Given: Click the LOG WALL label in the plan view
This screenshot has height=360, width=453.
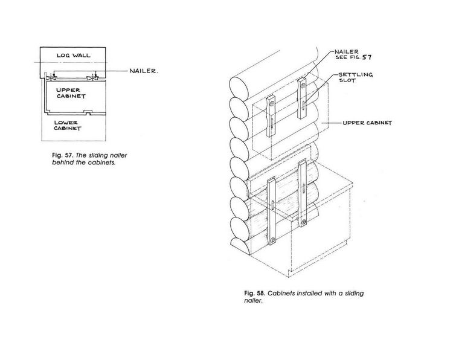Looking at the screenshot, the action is (x=73, y=55).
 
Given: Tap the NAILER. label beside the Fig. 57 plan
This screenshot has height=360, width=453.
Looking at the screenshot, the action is (x=144, y=71).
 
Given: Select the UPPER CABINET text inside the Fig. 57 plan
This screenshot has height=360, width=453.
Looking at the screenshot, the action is (x=71, y=93).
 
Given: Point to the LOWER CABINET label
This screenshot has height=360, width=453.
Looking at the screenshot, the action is (x=68, y=126).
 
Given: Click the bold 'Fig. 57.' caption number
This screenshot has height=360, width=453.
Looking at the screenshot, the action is (x=63, y=155).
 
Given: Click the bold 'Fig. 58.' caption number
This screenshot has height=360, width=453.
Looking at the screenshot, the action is (x=254, y=294).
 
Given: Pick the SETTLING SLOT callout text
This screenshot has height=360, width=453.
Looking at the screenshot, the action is (x=356, y=77).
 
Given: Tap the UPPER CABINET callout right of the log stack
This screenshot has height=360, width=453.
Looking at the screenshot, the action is (x=367, y=123).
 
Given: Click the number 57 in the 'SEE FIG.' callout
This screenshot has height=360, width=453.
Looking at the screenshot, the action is (x=367, y=57).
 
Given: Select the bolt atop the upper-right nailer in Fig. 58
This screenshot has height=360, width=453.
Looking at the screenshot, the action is (x=303, y=85).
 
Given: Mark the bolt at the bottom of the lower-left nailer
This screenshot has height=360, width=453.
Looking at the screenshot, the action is (x=272, y=240).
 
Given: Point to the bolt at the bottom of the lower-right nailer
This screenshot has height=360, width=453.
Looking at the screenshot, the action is (x=304, y=222).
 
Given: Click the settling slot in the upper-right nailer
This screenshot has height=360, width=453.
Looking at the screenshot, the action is (x=303, y=105).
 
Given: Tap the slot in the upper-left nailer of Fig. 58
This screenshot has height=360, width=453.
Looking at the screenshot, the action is (x=272, y=123).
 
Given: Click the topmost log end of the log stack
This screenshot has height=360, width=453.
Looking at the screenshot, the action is (x=239, y=87).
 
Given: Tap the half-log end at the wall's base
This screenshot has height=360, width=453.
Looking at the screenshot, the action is (x=240, y=246).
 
